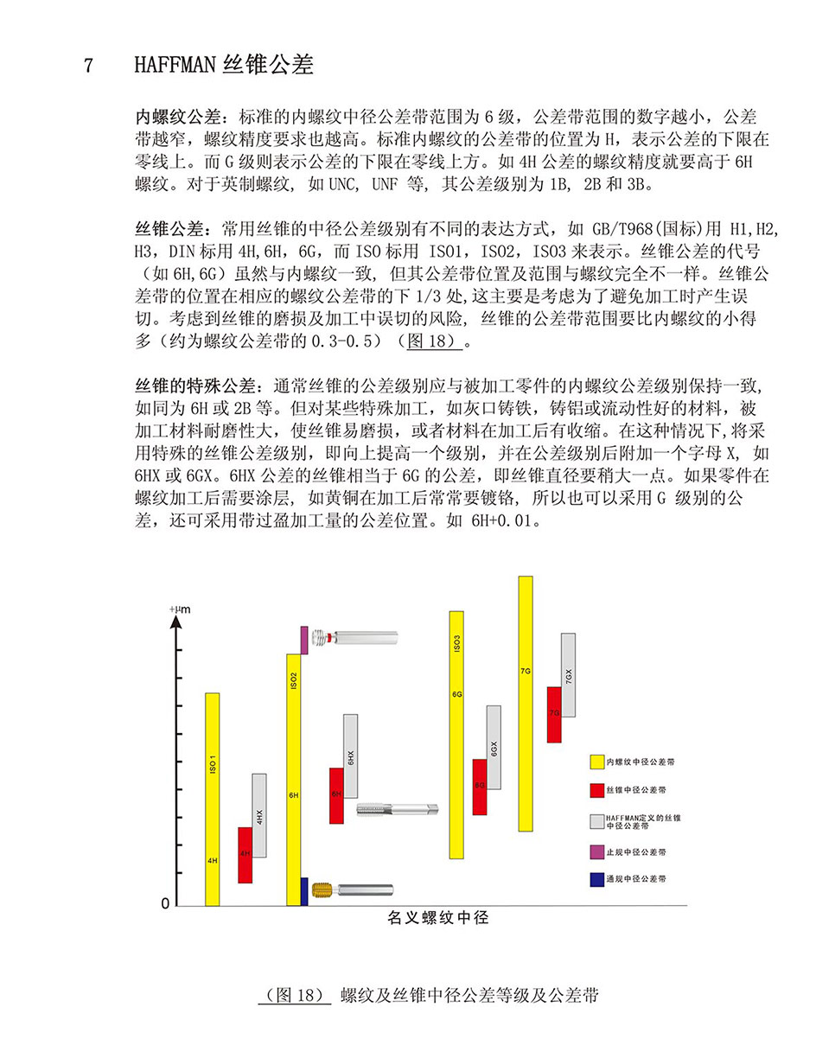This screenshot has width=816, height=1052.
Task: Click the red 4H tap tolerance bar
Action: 245,854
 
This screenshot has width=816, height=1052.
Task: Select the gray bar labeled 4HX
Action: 259,815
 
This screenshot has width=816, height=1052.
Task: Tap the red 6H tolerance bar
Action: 336,794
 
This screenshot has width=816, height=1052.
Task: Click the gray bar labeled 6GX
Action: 494,747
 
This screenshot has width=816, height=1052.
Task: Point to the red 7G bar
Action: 554,714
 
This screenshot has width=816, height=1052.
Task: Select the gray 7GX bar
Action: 568,674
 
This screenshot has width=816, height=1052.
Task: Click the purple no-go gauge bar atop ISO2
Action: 304,640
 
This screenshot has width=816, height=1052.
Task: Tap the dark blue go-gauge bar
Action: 304,891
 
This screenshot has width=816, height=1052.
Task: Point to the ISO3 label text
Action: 457,642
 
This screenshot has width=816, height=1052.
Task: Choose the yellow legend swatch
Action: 596,762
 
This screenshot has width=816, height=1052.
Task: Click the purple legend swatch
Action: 596,852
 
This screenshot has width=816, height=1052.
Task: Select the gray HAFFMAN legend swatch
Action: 596,820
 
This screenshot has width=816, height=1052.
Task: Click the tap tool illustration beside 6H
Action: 397,809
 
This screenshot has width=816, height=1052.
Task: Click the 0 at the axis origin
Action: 165,904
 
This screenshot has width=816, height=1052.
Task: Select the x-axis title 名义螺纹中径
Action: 437,918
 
